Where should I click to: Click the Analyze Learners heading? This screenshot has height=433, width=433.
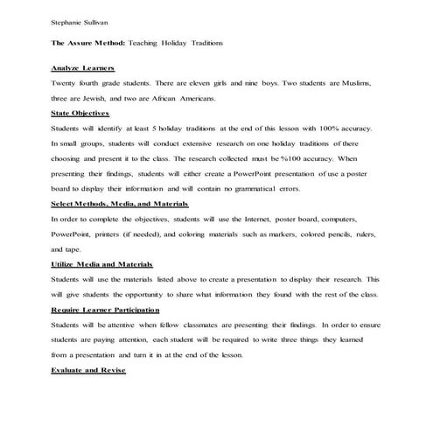point(83,67)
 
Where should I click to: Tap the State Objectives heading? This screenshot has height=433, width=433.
point(80,114)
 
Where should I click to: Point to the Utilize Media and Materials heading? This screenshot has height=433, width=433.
point(102,263)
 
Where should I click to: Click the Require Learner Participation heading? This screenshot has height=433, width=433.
point(106,310)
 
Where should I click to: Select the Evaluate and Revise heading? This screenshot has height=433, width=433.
point(88,370)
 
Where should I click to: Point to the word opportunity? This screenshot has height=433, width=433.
point(142,294)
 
